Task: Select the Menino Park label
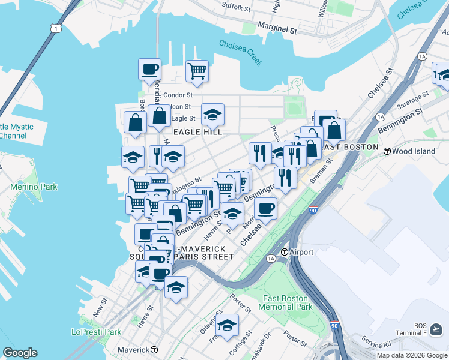tap(34, 187)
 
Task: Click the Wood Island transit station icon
tap(387, 151)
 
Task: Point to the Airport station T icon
tap(285, 252)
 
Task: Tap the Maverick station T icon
tap(154, 350)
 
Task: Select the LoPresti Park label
tap(96, 332)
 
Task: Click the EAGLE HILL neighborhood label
tap(197, 131)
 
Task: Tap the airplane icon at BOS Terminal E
tap(436, 329)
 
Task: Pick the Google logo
tap(20, 352)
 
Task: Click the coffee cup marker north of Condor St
tap(149, 70)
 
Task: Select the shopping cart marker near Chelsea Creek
tap(197, 71)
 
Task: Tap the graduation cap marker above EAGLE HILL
tap(212, 114)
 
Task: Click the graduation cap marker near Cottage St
tap(227, 325)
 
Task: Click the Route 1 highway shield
tap(56, 28)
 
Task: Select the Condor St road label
tap(178, 95)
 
